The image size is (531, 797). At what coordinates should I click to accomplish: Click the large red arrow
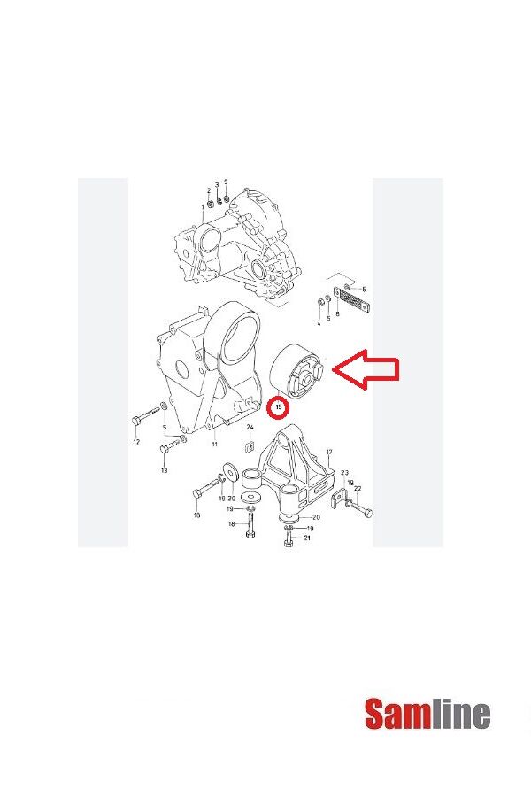point(368,370)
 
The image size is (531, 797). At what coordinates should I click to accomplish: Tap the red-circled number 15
point(280,408)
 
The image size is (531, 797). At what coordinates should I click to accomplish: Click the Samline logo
point(427,714)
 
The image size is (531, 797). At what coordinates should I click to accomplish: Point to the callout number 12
point(136,442)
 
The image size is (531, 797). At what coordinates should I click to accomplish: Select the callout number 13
point(164,471)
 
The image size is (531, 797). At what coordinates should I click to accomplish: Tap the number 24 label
point(250,428)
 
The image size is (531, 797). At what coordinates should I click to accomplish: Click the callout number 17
point(328,453)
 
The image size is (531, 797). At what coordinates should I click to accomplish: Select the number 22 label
point(358,489)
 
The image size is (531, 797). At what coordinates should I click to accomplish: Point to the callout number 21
point(307,538)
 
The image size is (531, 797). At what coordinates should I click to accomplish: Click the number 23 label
point(343,473)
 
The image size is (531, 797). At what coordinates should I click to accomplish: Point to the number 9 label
point(226,182)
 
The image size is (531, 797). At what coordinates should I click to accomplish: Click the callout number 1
point(201,207)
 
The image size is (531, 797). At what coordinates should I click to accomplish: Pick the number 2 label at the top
point(209,190)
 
